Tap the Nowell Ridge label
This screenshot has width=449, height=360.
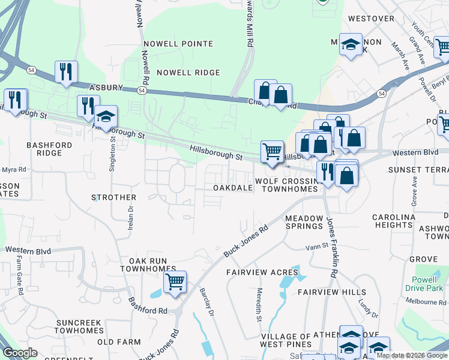coord(188,73)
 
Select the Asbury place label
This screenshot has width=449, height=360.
coord(106,88)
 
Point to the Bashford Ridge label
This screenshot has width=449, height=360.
coord(49,149)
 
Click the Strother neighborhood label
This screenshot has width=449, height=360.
coord(113,197)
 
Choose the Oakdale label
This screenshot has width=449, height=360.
coord(233,188)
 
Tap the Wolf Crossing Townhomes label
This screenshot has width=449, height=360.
coord(286,185)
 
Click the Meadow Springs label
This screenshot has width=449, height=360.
coord(304,222)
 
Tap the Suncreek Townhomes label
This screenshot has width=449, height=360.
coord(79,326)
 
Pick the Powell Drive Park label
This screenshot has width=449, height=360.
coord(427,284)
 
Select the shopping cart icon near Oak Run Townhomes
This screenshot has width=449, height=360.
coord(175,281)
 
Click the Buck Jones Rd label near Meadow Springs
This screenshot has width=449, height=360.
coord(246,241)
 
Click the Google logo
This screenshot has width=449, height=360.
coord(21,353)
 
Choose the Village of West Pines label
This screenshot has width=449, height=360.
coord(286,340)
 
